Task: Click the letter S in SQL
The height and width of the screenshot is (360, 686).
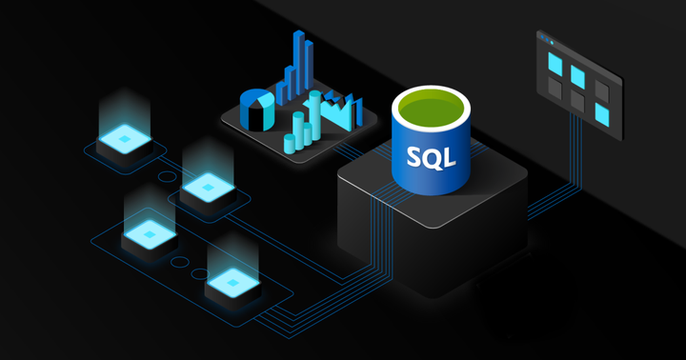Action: point(414,154)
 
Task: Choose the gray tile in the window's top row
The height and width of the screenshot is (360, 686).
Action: point(603,89)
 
